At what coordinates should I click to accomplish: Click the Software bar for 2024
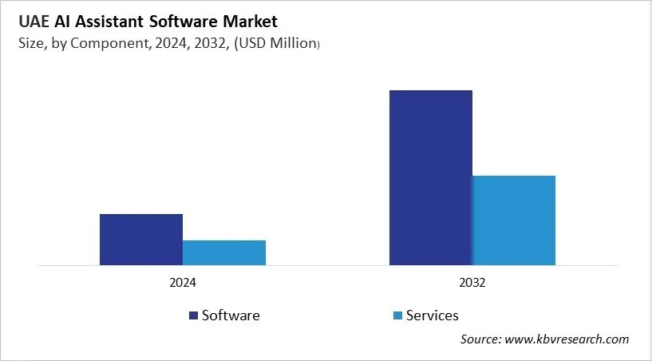141,239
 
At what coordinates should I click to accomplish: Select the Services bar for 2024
224,252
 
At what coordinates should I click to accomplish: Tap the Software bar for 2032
431,177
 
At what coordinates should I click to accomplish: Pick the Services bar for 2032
514,220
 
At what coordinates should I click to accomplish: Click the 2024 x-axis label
183,283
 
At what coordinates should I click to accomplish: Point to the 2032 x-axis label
472,283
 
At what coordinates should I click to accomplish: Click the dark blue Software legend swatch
193,315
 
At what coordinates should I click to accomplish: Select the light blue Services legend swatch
397,315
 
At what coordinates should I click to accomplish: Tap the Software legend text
231,315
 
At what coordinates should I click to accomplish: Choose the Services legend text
433,315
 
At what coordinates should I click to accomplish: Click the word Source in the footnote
481,339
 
